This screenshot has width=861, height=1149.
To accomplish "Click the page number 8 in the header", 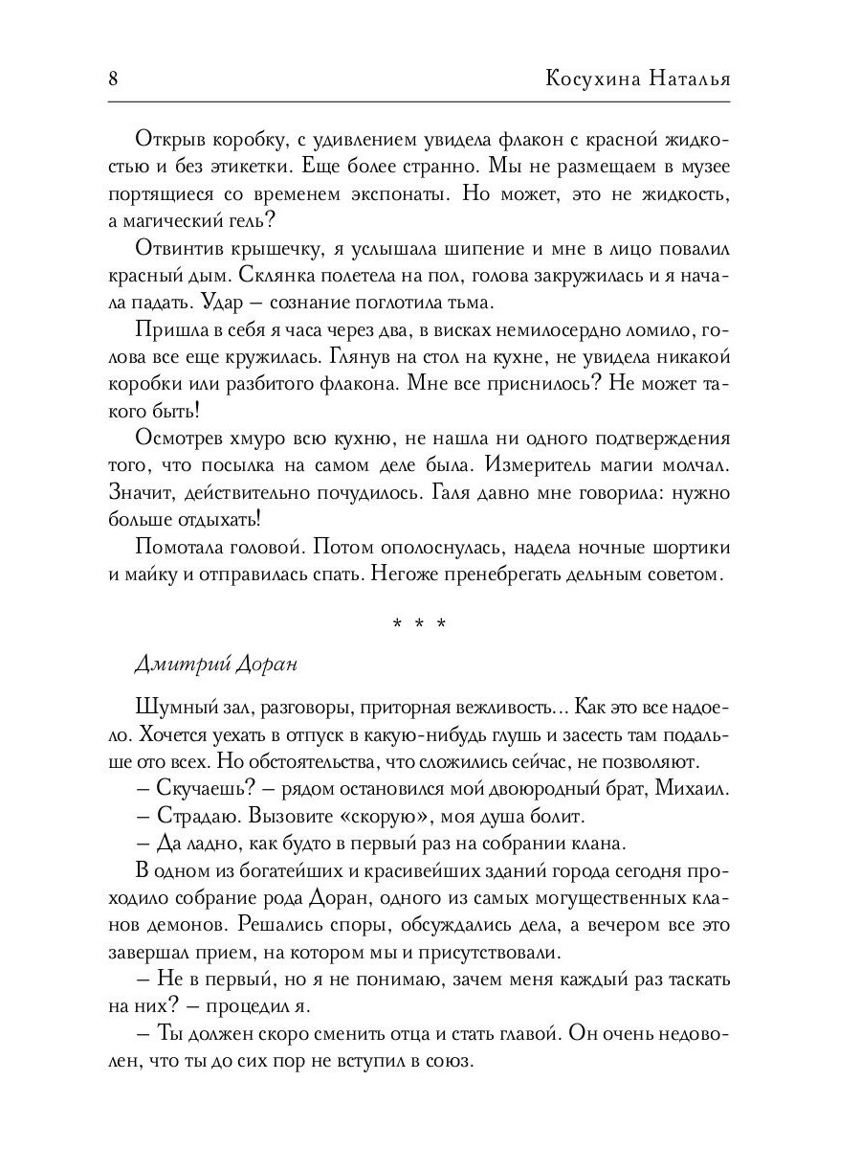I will click(x=113, y=79).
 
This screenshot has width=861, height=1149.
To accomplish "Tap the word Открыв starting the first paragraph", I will click(x=172, y=139).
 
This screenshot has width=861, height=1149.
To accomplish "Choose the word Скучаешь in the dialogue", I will click(x=199, y=790).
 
